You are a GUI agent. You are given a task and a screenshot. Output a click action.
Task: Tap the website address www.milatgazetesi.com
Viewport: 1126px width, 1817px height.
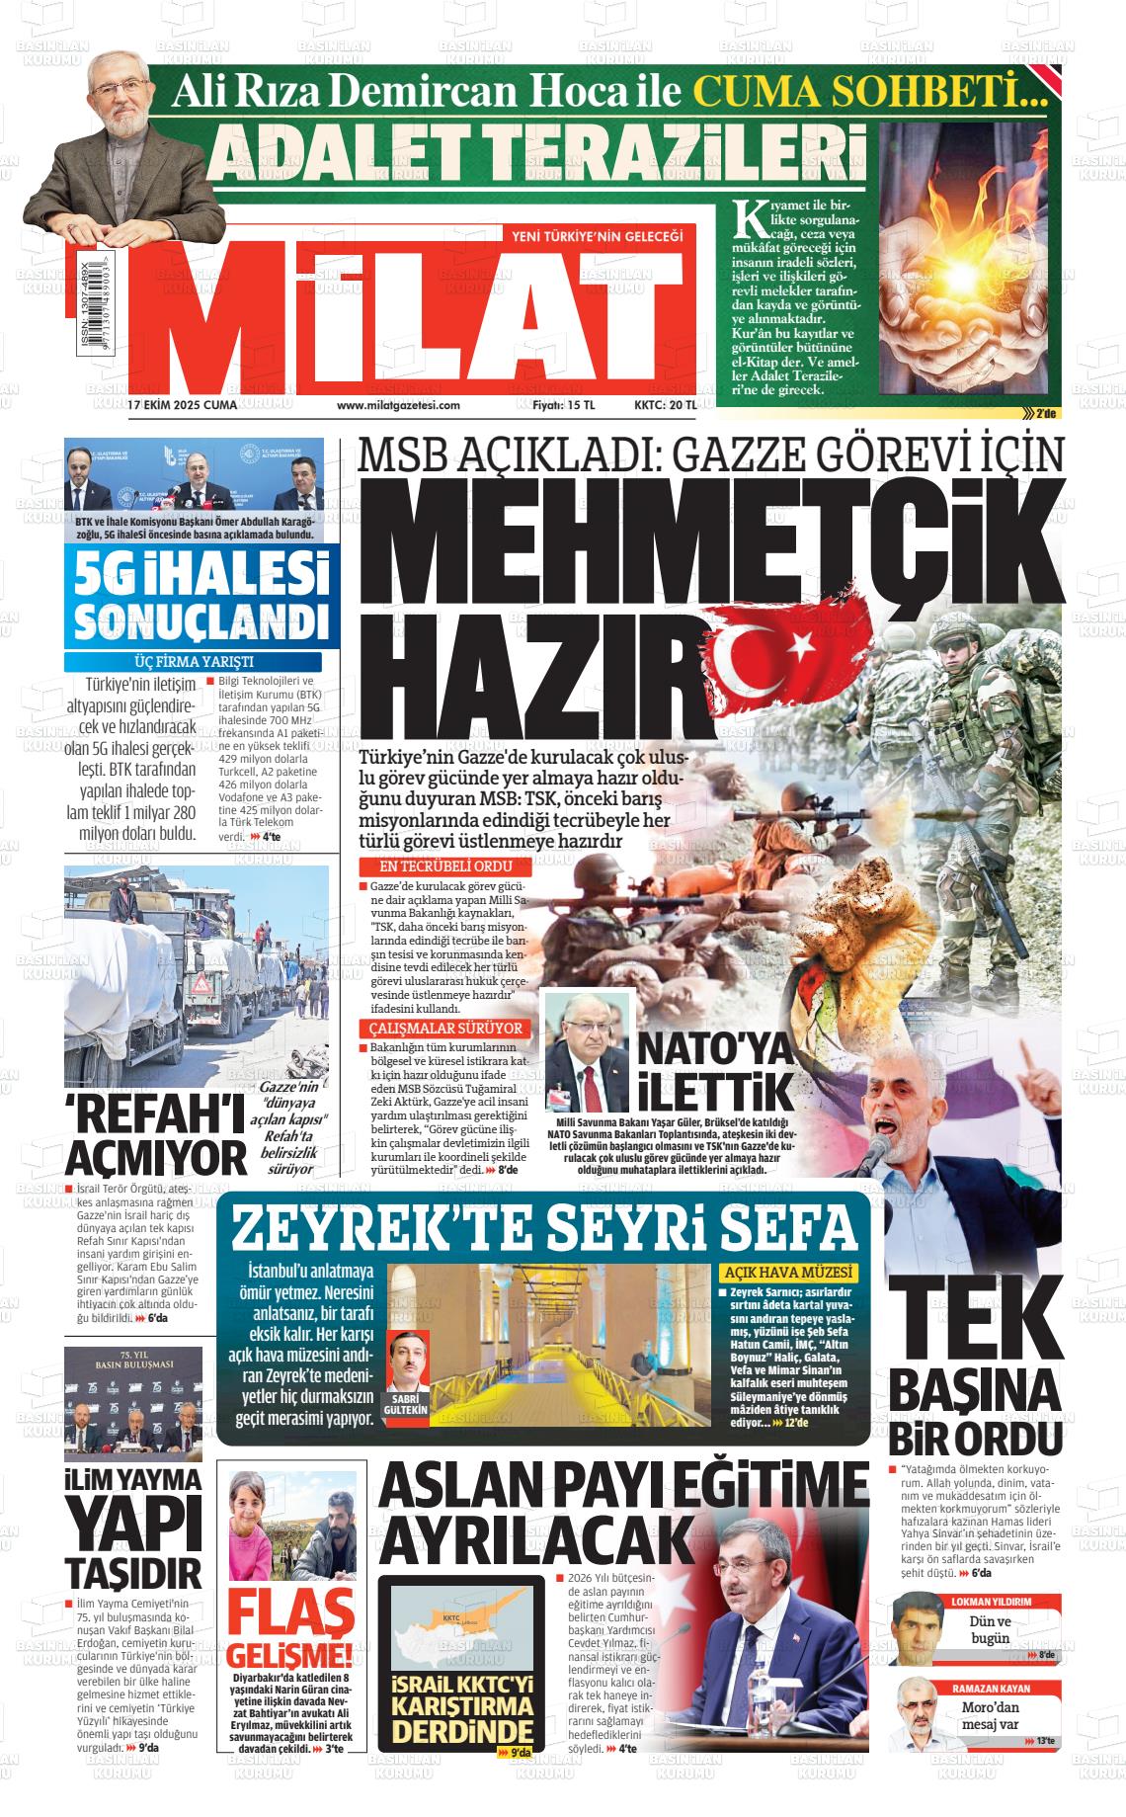pyautogui.click(x=398, y=405)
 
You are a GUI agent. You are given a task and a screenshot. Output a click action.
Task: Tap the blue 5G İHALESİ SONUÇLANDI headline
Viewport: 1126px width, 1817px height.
pyautogui.click(x=201, y=598)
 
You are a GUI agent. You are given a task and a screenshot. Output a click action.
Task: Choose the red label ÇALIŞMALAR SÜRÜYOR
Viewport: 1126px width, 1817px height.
pyautogui.click(x=444, y=1029)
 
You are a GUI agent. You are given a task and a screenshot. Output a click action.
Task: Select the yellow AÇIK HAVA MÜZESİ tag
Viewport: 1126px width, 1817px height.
pyautogui.click(x=788, y=1273)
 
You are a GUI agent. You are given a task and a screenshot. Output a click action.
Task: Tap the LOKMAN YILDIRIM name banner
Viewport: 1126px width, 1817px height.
pyautogui.click(x=991, y=1601)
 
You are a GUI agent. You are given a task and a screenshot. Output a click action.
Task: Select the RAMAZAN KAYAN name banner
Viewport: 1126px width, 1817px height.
pyautogui.click(x=991, y=1688)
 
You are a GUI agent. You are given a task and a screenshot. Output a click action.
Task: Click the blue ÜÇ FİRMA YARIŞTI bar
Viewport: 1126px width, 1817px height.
pyautogui.click(x=193, y=662)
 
